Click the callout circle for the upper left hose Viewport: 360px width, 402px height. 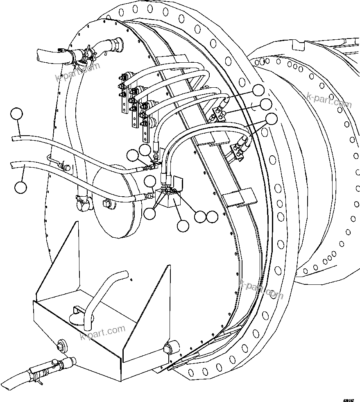[x=16, y=114]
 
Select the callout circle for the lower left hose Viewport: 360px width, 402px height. [x=20, y=187]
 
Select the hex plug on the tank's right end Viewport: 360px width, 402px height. [x=168, y=349]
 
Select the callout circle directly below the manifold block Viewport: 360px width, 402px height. [x=182, y=225]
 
